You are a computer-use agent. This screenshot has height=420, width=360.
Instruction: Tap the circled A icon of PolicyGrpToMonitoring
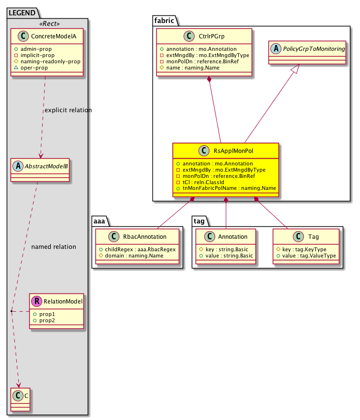[274, 48]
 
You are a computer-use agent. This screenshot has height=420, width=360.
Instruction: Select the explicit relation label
[68, 110]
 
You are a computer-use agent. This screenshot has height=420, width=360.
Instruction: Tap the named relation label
[53, 247]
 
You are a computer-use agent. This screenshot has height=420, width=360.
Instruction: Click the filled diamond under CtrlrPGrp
[209, 79]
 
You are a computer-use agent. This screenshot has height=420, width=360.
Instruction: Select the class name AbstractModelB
[46, 166]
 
